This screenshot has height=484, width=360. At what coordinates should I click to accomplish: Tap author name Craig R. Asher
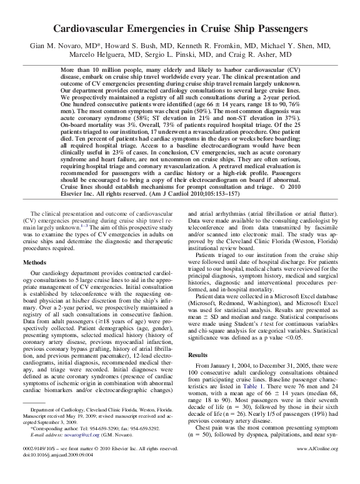[x=267, y=54]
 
